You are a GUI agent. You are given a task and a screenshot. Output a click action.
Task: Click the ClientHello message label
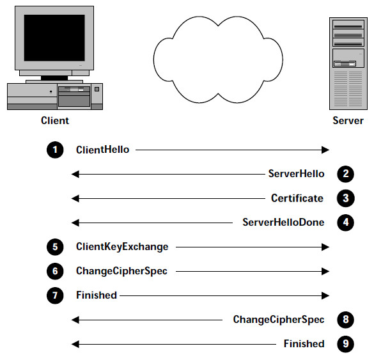pyautogui.click(x=102, y=150)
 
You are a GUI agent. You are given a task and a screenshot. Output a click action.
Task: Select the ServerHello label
pyautogui.click(x=296, y=174)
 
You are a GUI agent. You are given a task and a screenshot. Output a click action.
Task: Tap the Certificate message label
pyautogui.click(x=297, y=198)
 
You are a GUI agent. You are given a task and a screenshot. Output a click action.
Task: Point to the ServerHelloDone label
pyautogui.click(x=283, y=223)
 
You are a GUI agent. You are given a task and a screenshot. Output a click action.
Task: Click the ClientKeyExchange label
pyautogui.click(x=122, y=247)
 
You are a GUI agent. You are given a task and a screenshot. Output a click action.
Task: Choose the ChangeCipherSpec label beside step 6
pyautogui.click(x=121, y=271)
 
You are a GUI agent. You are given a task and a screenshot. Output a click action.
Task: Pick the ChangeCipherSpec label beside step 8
pyautogui.click(x=279, y=320)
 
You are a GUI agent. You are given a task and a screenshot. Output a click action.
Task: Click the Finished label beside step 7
pyautogui.click(x=97, y=295)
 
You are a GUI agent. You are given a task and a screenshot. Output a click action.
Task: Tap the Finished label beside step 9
pyautogui.click(x=304, y=344)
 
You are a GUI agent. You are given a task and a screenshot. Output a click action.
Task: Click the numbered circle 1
pyautogui.click(x=55, y=150)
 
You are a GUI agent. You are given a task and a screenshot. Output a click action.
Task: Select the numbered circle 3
pyautogui.click(x=346, y=198)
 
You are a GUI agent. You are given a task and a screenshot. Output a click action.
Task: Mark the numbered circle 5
pyautogui.click(x=55, y=247)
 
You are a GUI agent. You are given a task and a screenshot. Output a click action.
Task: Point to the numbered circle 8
pyautogui.click(x=346, y=320)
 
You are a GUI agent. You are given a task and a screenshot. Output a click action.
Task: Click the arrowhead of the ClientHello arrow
pyautogui.click(x=325, y=150)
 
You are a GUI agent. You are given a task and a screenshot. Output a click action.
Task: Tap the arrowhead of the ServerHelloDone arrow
pyautogui.click(x=75, y=223)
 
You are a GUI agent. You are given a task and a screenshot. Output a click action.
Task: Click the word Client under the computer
pyautogui.click(x=55, y=120)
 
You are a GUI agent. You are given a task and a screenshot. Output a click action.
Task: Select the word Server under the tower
pyautogui.click(x=348, y=120)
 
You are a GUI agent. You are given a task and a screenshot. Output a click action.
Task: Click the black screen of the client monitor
pyautogui.click(x=54, y=38)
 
